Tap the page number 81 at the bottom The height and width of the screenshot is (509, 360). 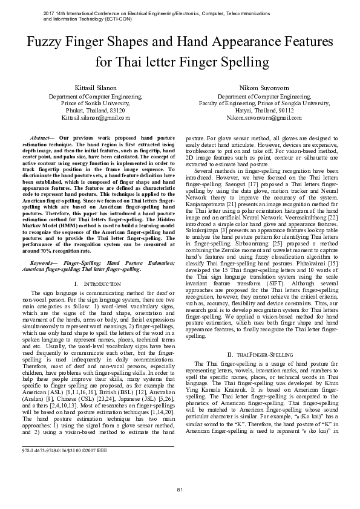click(x=180, y=488)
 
